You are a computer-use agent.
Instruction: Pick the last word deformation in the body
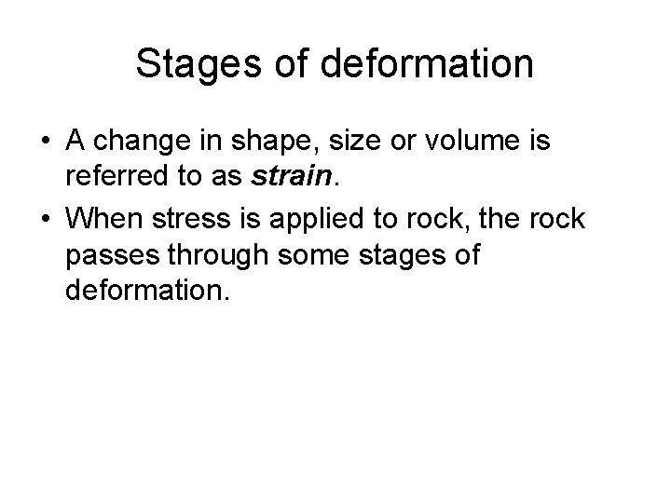(145, 292)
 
